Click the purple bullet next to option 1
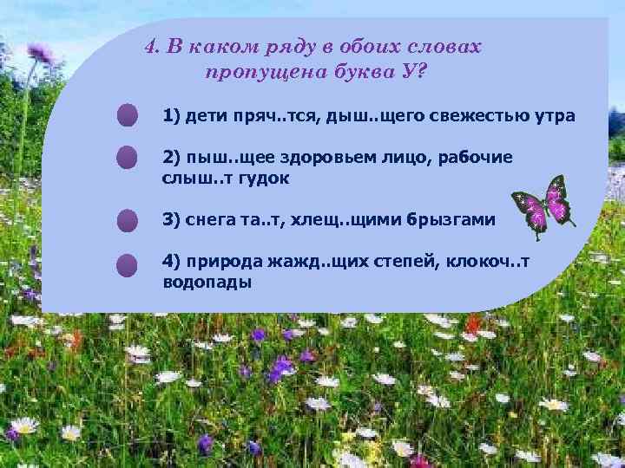(128, 115)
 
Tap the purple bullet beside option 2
(128, 156)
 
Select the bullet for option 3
(128, 220)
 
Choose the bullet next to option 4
(128, 264)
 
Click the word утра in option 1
(552, 116)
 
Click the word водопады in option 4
(206, 283)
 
